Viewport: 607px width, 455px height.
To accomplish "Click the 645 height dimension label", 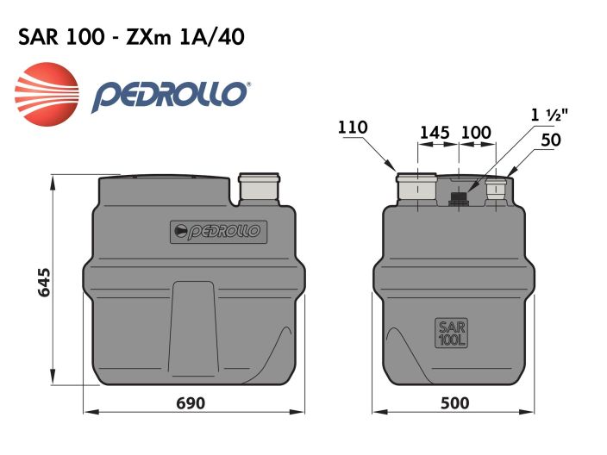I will tap(46, 284).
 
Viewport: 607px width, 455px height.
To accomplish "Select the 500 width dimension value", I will tap(454, 403).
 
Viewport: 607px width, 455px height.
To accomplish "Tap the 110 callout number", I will tap(353, 128).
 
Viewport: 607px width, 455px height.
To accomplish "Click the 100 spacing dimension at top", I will tap(475, 133).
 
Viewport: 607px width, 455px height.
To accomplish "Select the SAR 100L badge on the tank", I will tap(452, 333).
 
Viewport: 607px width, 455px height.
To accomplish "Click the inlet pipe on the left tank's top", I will tap(259, 189).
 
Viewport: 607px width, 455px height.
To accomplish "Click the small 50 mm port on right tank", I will tap(497, 190).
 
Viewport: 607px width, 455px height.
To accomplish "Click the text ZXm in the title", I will tap(153, 37).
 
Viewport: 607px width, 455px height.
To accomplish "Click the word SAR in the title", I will tap(37, 37).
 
